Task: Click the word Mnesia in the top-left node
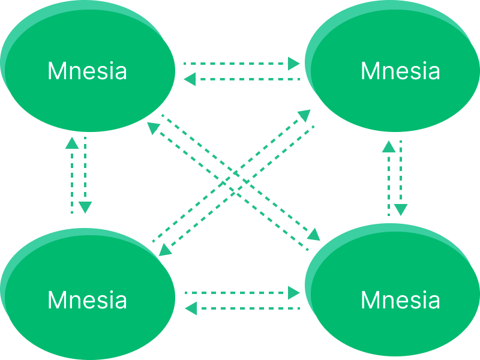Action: [87, 71]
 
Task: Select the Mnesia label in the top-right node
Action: [400, 71]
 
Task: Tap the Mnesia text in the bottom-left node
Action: [87, 299]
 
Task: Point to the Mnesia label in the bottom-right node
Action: [400, 299]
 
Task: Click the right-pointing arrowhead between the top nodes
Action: [293, 63]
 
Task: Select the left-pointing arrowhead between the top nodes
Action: [190, 79]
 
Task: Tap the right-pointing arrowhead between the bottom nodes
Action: [293, 292]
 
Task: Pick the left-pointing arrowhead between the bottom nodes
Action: [191, 308]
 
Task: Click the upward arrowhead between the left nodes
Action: [71, 143]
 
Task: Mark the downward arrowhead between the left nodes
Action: [85, 208]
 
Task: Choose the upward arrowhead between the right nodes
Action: [389, 146]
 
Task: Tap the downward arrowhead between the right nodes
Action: [401, 210]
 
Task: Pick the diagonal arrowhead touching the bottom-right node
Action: [314, 234]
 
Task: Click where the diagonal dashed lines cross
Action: [234, 180]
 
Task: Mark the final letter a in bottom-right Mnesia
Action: [434, 300]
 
